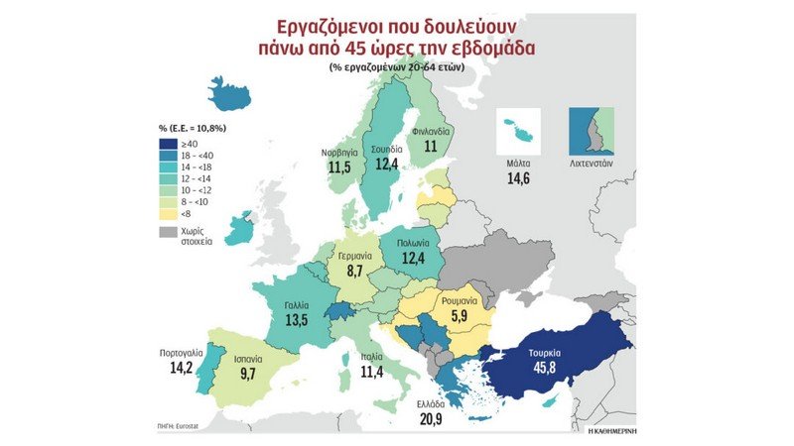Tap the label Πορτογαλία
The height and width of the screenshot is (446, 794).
pyautogui.click(x=186, y=353)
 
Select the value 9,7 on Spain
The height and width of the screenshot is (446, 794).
pyautogui.click(x=248, y=375)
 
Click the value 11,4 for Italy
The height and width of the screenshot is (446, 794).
pyautogui.click(x=373, y=372)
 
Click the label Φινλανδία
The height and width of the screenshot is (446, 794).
pyautogui.click(x=431, y=130)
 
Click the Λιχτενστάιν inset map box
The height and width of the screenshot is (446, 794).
pyautogui.click(x=591, y=128)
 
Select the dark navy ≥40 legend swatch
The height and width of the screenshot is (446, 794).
pyautogui.click(x=167, y=143)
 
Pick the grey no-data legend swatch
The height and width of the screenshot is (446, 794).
pyautogui.click(x=167, y=231)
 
